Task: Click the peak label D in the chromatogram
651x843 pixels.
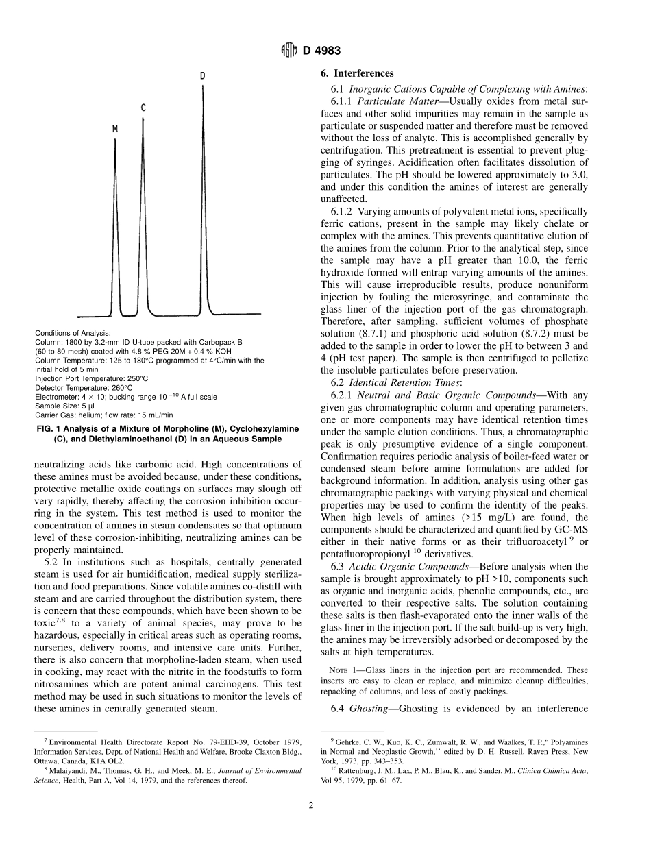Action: pyautogui.click(x=202, y=75)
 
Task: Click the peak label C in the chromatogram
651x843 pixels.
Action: pyautogui.click(x=143, y=108)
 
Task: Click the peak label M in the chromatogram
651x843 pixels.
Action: pyautogui.click(x=115, y=128)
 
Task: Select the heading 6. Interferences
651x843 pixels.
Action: pyautogui.click(x=357, y=73)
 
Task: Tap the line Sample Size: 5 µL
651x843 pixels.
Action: pyautogui.click(x=63, y=406)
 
